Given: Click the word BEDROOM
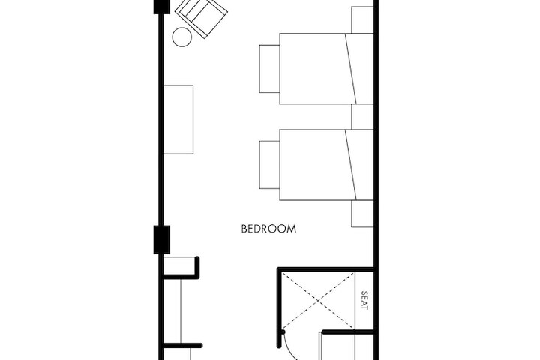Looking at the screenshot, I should pos(268,229).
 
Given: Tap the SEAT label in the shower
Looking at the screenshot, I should pos(365,300).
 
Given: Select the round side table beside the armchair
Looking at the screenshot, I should pos(182,37).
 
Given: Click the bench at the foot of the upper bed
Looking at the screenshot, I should pos(269,68).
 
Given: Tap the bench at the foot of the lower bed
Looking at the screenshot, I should pos(269,165).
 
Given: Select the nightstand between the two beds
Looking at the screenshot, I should pos(362,116).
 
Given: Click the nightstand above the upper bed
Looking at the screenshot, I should pos(362,19).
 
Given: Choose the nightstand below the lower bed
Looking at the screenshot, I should pos(362,214).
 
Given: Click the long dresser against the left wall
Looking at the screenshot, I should pos(178,120).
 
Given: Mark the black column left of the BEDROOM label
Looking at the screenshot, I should pos(162,239).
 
